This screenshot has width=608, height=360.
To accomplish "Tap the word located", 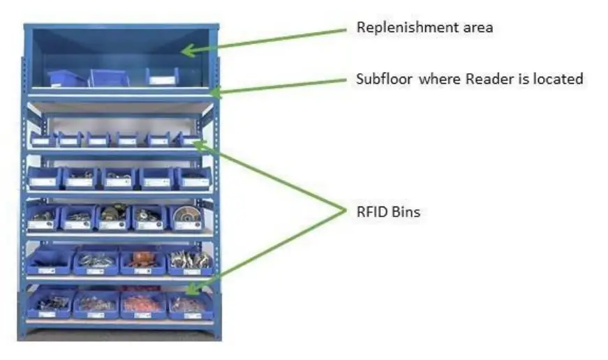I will pyautogui.click(x=558, y=79).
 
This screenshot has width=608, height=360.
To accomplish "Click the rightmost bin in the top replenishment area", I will pyautogui.click(x=162, y=76).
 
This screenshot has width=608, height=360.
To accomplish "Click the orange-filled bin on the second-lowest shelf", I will pyautogui.click(x=143, y=261).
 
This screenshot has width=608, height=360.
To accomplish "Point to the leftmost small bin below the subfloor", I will pyautogui.click(x=43, y=140).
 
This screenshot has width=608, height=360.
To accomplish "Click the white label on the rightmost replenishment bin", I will pyautogui.click(x=162, y=80).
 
